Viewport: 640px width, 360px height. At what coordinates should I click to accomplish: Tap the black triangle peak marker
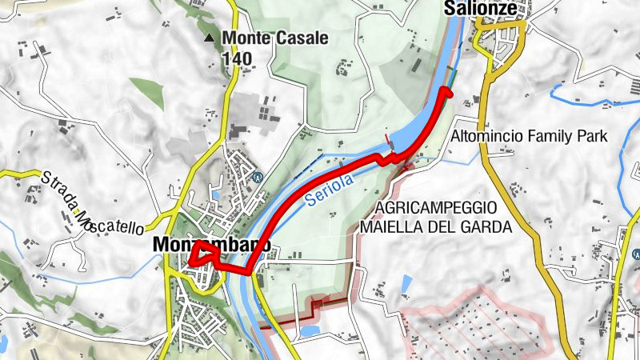coord(210,38)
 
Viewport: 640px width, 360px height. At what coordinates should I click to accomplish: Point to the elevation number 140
coord(237,58)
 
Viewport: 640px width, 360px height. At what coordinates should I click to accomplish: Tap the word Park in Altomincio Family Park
coord(592,137)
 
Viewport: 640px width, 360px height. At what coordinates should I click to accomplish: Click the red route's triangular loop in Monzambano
coord(203,257)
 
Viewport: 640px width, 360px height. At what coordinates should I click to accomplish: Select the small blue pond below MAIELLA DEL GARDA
coord(406,282)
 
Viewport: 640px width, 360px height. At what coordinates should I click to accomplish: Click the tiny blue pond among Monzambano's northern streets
coord(215,194)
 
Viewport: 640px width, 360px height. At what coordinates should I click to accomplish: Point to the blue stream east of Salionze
coord(592,100)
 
